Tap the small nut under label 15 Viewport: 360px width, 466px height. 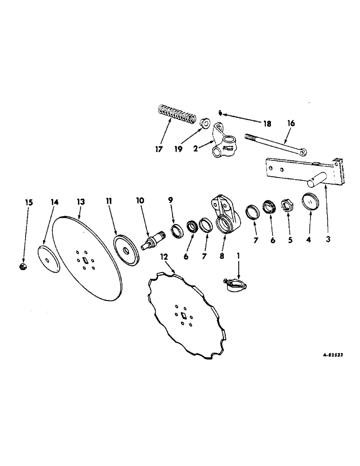tap(22, 267)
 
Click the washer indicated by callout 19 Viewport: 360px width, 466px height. tap(204, 124)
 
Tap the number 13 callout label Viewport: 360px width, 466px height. tap(81, 202)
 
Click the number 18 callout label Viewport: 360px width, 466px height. tap(266, 124)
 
